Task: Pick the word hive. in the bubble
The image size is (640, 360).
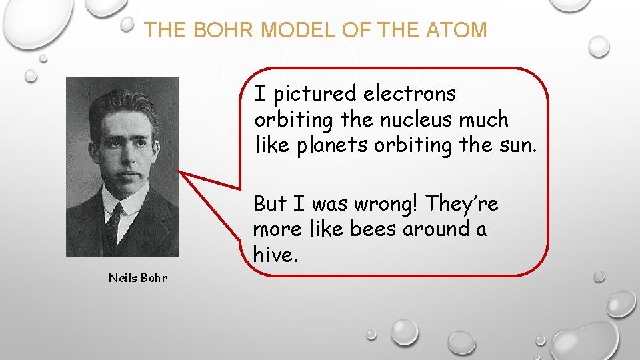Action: coord(274,254)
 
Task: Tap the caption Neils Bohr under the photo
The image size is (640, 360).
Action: coord(138,277)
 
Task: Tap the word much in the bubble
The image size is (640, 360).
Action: coord(487,120)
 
